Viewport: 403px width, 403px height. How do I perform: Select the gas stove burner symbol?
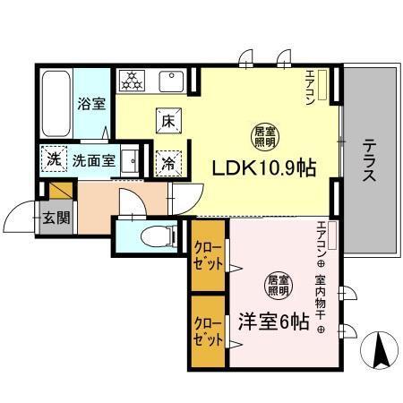click(x=133, y=81)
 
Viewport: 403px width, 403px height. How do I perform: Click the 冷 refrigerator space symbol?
click(x=167, y=162)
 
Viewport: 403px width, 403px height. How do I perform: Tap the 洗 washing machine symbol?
click(x=52, y=160)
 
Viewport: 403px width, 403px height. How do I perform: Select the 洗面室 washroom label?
click(x=93, y=161)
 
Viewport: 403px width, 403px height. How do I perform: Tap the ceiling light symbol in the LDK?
click(x=262, y=137)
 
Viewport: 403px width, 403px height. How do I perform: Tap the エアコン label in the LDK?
click(x=310, y=88)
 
